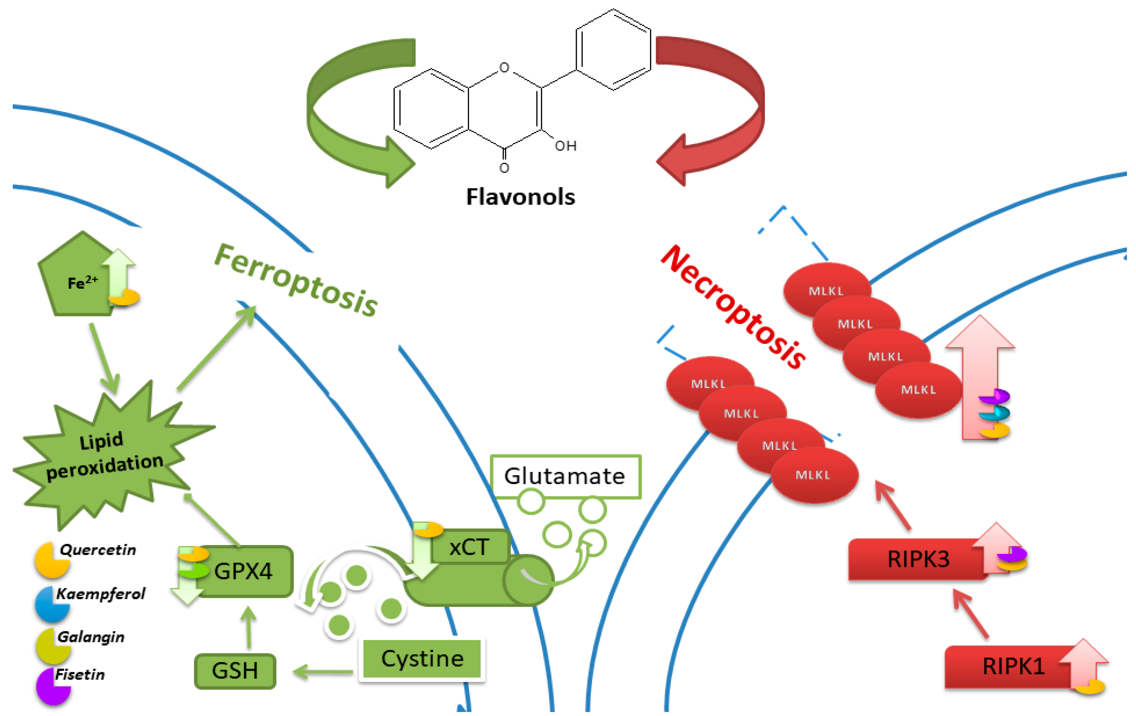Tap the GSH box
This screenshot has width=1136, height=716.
[x=235, y=670]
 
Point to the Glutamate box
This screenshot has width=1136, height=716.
[x=565, y=476]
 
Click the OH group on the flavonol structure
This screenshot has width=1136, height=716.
[x=565, y=146]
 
